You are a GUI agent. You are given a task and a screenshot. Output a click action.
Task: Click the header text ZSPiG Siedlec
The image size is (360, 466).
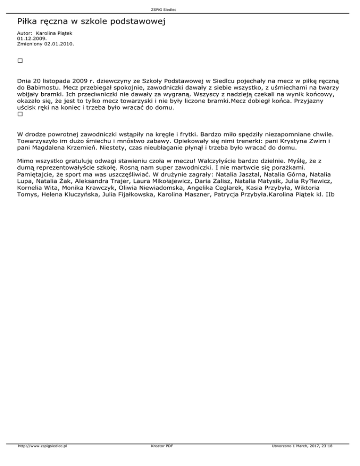tap(180, 9)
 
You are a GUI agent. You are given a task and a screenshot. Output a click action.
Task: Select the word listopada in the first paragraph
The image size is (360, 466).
tap(53, 80)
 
